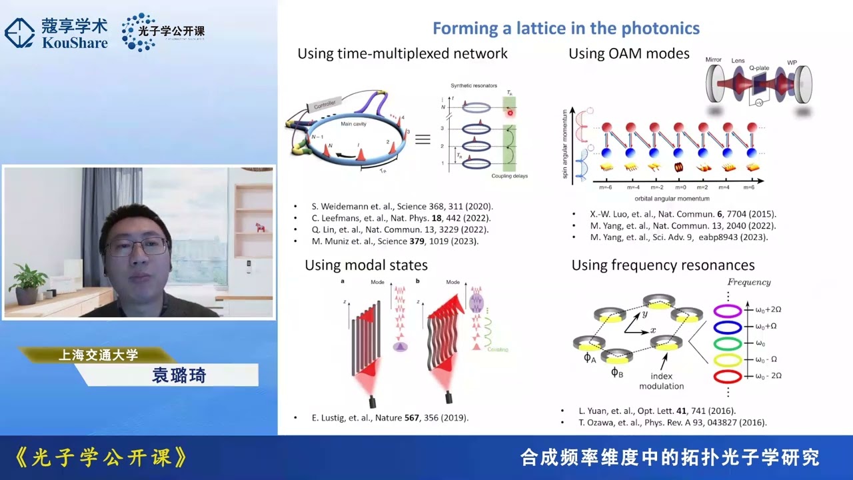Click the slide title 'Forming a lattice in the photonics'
[x=566, y=28]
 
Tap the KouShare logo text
[x=74, y=43]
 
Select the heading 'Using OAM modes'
[x=628, y=53]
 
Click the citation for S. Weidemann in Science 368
[x=402, y=207]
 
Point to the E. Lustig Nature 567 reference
[x=390, y=418]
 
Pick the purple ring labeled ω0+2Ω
[x=727, y=311]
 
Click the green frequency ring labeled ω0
[x=727, y=343]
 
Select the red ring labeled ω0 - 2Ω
[x=727, y=377]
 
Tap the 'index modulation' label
[x=661, y=381]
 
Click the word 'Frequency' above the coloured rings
[x=749, y=282]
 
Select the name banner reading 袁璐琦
[x=179, y=375]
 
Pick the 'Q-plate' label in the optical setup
[x=760, y=68]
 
